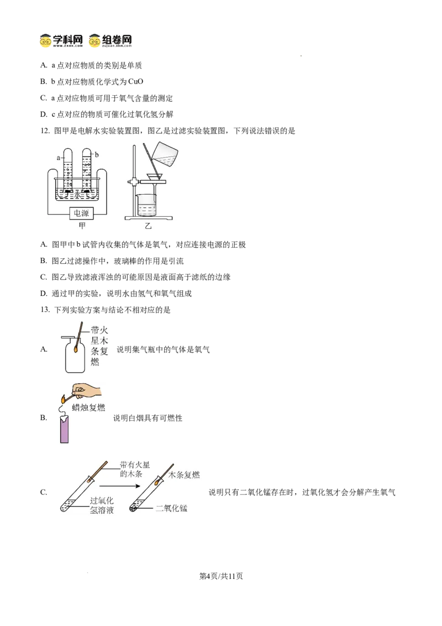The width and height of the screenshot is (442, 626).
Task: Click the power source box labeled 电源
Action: pos(81,213)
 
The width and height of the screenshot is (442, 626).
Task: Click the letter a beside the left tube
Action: pos(57,158)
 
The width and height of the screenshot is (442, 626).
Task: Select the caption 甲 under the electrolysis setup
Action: pos(82,225)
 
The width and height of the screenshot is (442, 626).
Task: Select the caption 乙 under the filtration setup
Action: pos(148,226)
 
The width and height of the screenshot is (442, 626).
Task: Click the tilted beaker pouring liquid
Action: pos(165,153)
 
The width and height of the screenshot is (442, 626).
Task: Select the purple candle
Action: pos(64,430)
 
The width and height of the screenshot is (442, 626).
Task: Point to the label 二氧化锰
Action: pos(171,508)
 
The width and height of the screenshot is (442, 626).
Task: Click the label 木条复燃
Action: pos(184,474)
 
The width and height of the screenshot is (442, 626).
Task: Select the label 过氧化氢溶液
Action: pos(102,505)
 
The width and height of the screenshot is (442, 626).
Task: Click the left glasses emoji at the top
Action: pos(46,41)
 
